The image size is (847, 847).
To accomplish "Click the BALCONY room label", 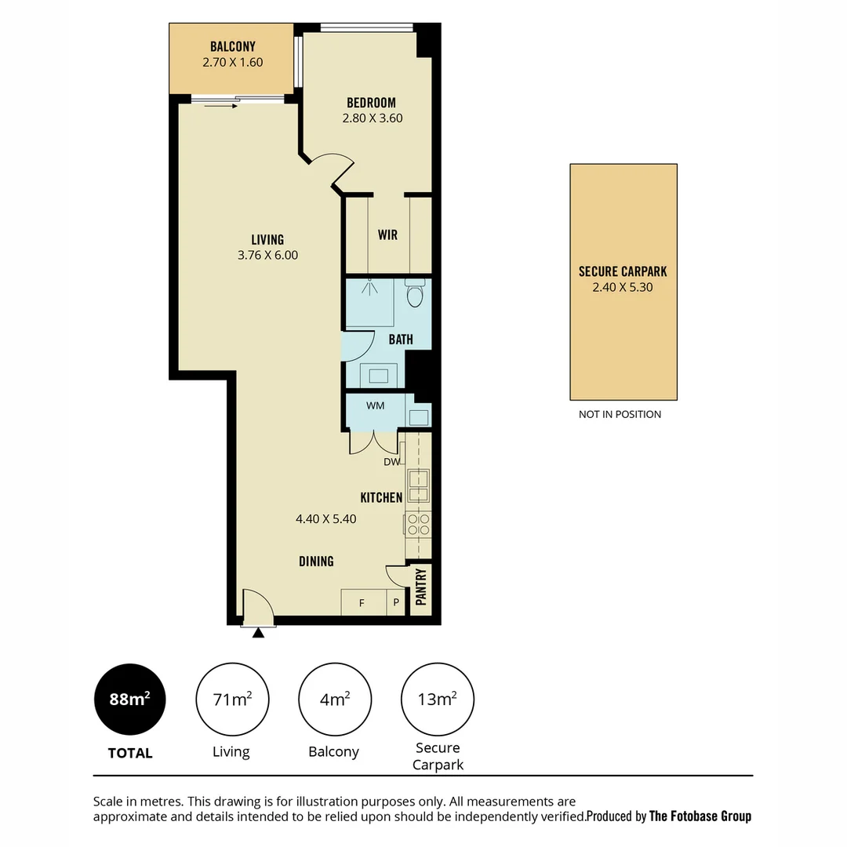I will click(x=232, y=47).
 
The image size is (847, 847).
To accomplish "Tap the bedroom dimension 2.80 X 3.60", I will click(x=373, y=119).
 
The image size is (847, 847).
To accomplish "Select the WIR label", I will click(x=387, y=235).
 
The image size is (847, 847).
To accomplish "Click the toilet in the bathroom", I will click(x=415, y=295).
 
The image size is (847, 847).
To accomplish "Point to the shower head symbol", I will click(x=369, y=287).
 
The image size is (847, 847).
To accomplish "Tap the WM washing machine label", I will click(x=376, y=406).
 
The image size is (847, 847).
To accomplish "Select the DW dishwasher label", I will click(x=391, y=462).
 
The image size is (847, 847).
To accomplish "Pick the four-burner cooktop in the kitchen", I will click(x=418, y=524).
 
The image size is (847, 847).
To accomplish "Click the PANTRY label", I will click(x=421, y=587).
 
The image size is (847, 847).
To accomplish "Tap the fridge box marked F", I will click(x=362, y=603).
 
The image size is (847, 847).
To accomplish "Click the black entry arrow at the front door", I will click(x=258, y=632).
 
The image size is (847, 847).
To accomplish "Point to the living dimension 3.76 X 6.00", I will click(x=267, y=255).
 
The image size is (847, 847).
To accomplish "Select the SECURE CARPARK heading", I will click(x=623, y=271).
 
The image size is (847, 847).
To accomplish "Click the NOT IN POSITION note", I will click(x=620, y=414).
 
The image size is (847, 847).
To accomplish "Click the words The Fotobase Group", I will click(x=700, y=816).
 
